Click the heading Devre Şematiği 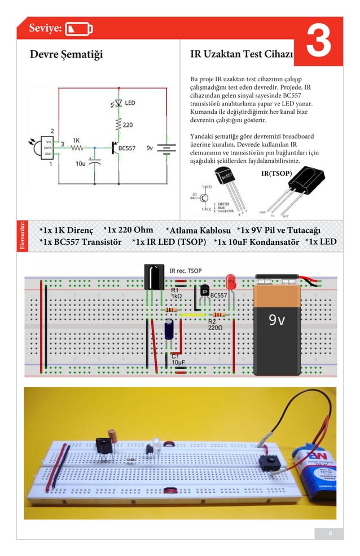[67, 54]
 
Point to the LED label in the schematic [130, 103]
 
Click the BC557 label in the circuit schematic [128, 148]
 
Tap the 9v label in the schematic [150, 148]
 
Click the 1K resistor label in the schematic [76, 140]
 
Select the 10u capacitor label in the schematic [80, 164]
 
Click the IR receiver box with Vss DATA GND [49, 147]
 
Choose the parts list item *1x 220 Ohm [129, 230]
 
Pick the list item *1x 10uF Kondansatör [257, 242]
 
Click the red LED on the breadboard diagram [230, 281]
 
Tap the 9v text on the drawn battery [277, 320]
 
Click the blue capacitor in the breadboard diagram [169, 330]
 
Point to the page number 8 [330, 533]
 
